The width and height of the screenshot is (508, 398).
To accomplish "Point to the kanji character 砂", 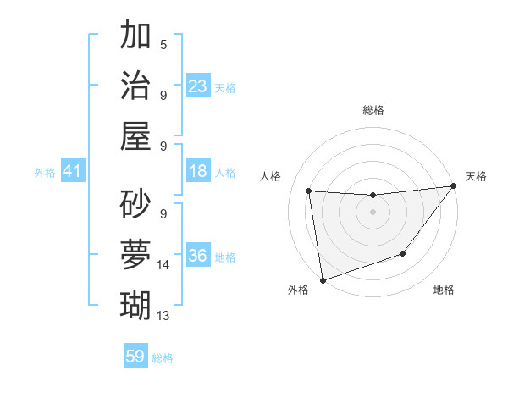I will point(136,203).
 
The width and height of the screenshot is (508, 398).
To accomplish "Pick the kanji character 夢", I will point(136,252).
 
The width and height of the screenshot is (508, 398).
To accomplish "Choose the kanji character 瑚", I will point(136,302).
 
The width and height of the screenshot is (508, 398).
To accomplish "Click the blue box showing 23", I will point(198,86).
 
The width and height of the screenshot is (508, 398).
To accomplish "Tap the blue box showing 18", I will point(198,171).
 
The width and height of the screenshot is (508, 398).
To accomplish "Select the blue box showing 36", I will point(198,257).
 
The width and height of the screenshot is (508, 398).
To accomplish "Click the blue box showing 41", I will point(73,172).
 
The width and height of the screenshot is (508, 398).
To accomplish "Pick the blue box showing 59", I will point(135,357).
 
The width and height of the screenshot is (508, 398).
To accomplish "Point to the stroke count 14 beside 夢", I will point(163,265).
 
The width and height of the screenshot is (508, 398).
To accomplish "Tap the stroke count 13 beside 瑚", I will point(163,315).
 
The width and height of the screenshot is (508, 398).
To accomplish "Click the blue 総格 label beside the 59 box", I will point(163,358).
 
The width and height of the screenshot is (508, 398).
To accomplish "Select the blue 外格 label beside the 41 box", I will point(45,173).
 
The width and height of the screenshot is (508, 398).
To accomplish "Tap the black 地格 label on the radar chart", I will point(444,290).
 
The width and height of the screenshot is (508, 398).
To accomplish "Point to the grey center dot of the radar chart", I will point(373,212).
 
